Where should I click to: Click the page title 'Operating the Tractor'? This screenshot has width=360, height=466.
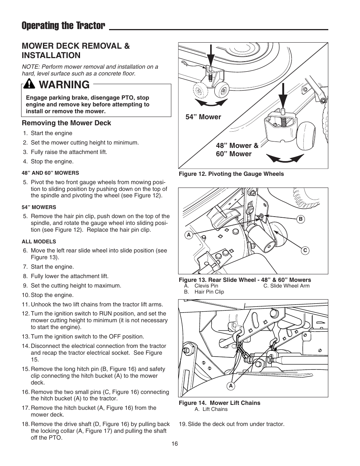click(63, 26)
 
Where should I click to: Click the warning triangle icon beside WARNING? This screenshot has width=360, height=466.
click(29, 85)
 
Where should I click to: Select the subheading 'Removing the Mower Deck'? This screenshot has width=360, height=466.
click(66, 123)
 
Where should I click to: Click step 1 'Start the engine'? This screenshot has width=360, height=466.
click(51, 133)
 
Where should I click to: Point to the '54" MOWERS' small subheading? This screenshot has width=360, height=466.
click(39, 207)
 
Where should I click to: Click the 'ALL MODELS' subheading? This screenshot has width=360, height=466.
click(39, 241)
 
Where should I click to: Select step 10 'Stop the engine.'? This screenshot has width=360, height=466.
click(52, 295)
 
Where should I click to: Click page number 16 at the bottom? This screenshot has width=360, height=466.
click(174, 444)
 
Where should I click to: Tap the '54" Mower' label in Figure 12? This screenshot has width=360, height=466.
click(203, 117)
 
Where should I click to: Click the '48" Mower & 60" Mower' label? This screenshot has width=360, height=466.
click(237, 150)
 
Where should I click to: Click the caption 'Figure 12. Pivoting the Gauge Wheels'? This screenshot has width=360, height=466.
click(231, 174)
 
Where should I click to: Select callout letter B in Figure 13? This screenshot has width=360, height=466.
click(301, 219)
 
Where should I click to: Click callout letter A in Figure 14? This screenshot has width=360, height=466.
click(231, 386)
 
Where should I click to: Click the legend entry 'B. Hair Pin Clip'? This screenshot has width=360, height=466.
click(204, 292)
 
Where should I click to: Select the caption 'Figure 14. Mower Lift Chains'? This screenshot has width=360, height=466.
click(219, 403)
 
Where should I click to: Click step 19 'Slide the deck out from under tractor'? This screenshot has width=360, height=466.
click(232, 424)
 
